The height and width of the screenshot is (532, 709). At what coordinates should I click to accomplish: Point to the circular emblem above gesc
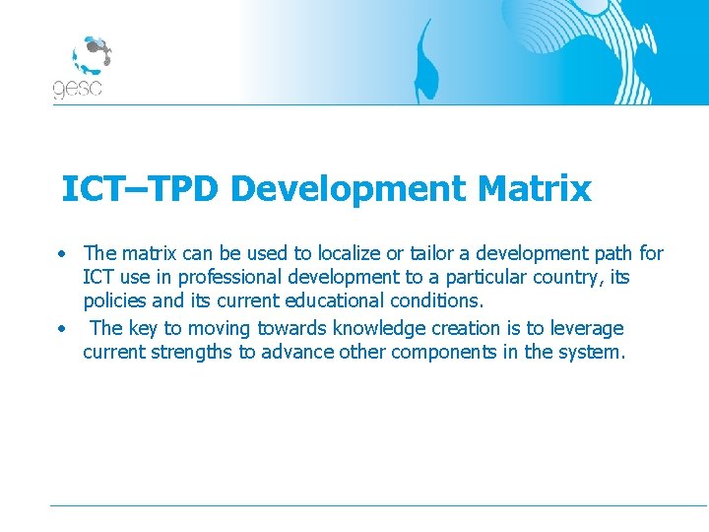[90, 55]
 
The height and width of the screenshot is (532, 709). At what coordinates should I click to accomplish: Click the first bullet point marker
[61, 254]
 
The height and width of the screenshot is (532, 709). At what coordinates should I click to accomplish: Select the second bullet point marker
[61, 328]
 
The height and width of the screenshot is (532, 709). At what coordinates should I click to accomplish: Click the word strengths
[193, 352]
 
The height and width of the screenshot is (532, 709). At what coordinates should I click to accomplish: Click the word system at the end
[592, 352]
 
